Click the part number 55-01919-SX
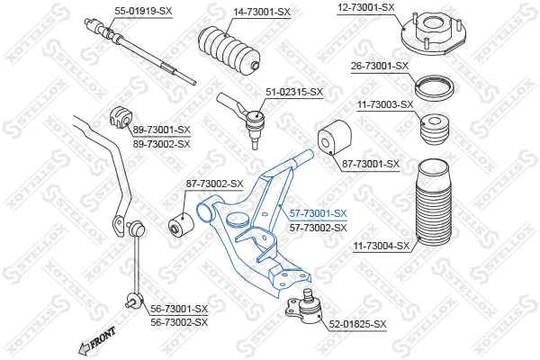click(x=144, y=12)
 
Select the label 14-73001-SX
click(x=262, y=12)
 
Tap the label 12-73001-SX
click(x=366, y=7)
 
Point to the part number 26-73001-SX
click(x=380, y=66)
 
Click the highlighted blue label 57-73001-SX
click(x=318, y=213)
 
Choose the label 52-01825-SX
click(x=357, y=324)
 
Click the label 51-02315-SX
click(x=293, y=92)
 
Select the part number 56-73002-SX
click(x=178, y=321)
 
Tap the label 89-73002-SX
click(x=162, y=143)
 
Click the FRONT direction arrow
click(x=97, y=342)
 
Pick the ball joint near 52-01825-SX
click(x=306, y=305)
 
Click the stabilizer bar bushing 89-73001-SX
click(x=121, y=116)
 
